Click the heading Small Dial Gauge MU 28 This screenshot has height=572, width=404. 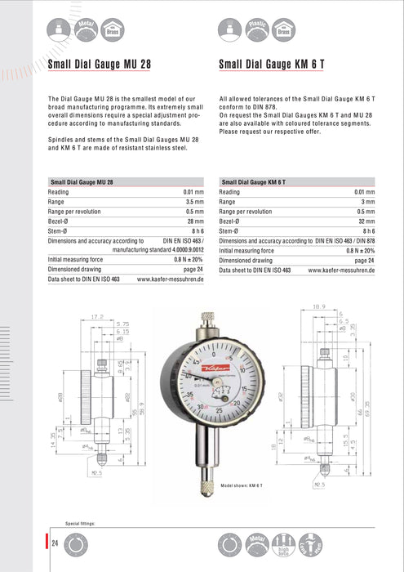(100, 63)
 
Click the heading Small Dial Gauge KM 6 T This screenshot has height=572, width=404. (272, 63)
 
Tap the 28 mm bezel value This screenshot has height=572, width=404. (194, 221)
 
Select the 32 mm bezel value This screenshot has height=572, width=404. (366, 221)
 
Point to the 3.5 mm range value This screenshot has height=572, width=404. (194, 201)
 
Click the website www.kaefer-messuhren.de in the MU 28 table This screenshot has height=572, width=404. (171, 279)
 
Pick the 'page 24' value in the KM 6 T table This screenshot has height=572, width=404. (365, 260)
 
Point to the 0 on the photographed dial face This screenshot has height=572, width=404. (213, 355)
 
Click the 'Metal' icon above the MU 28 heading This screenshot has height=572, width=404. (85, 29)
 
